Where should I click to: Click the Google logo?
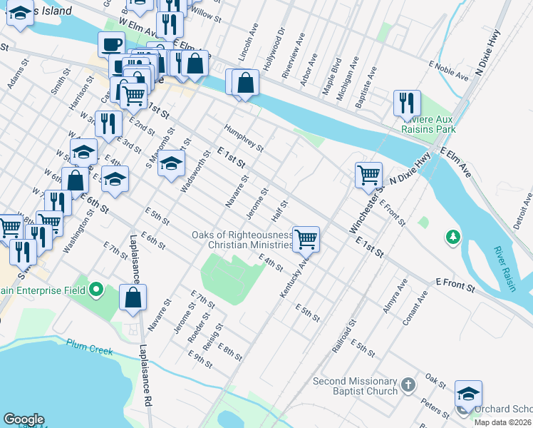[24, 419]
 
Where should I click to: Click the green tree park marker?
[452, 236]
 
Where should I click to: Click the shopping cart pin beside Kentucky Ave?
[306, 239]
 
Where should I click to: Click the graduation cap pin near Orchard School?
[468, 393]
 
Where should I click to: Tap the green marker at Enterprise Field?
[97, 290]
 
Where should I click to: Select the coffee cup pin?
[110, 44]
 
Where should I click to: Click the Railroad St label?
[343, 338]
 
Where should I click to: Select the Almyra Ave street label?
[395, 291]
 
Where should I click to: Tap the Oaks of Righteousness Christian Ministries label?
[242, 240]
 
